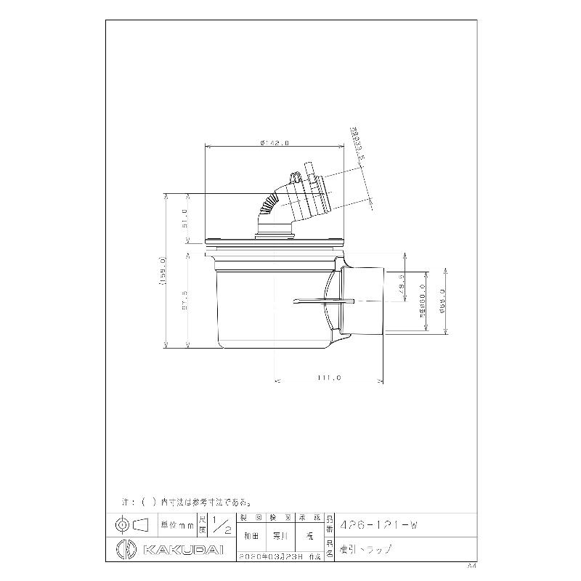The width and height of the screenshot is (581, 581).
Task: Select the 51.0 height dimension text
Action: point(184,216)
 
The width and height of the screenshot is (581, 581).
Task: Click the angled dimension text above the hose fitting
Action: point(357,143)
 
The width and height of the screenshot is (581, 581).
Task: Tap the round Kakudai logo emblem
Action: point(124,548)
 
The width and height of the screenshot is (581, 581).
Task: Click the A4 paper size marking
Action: point(471,564)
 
